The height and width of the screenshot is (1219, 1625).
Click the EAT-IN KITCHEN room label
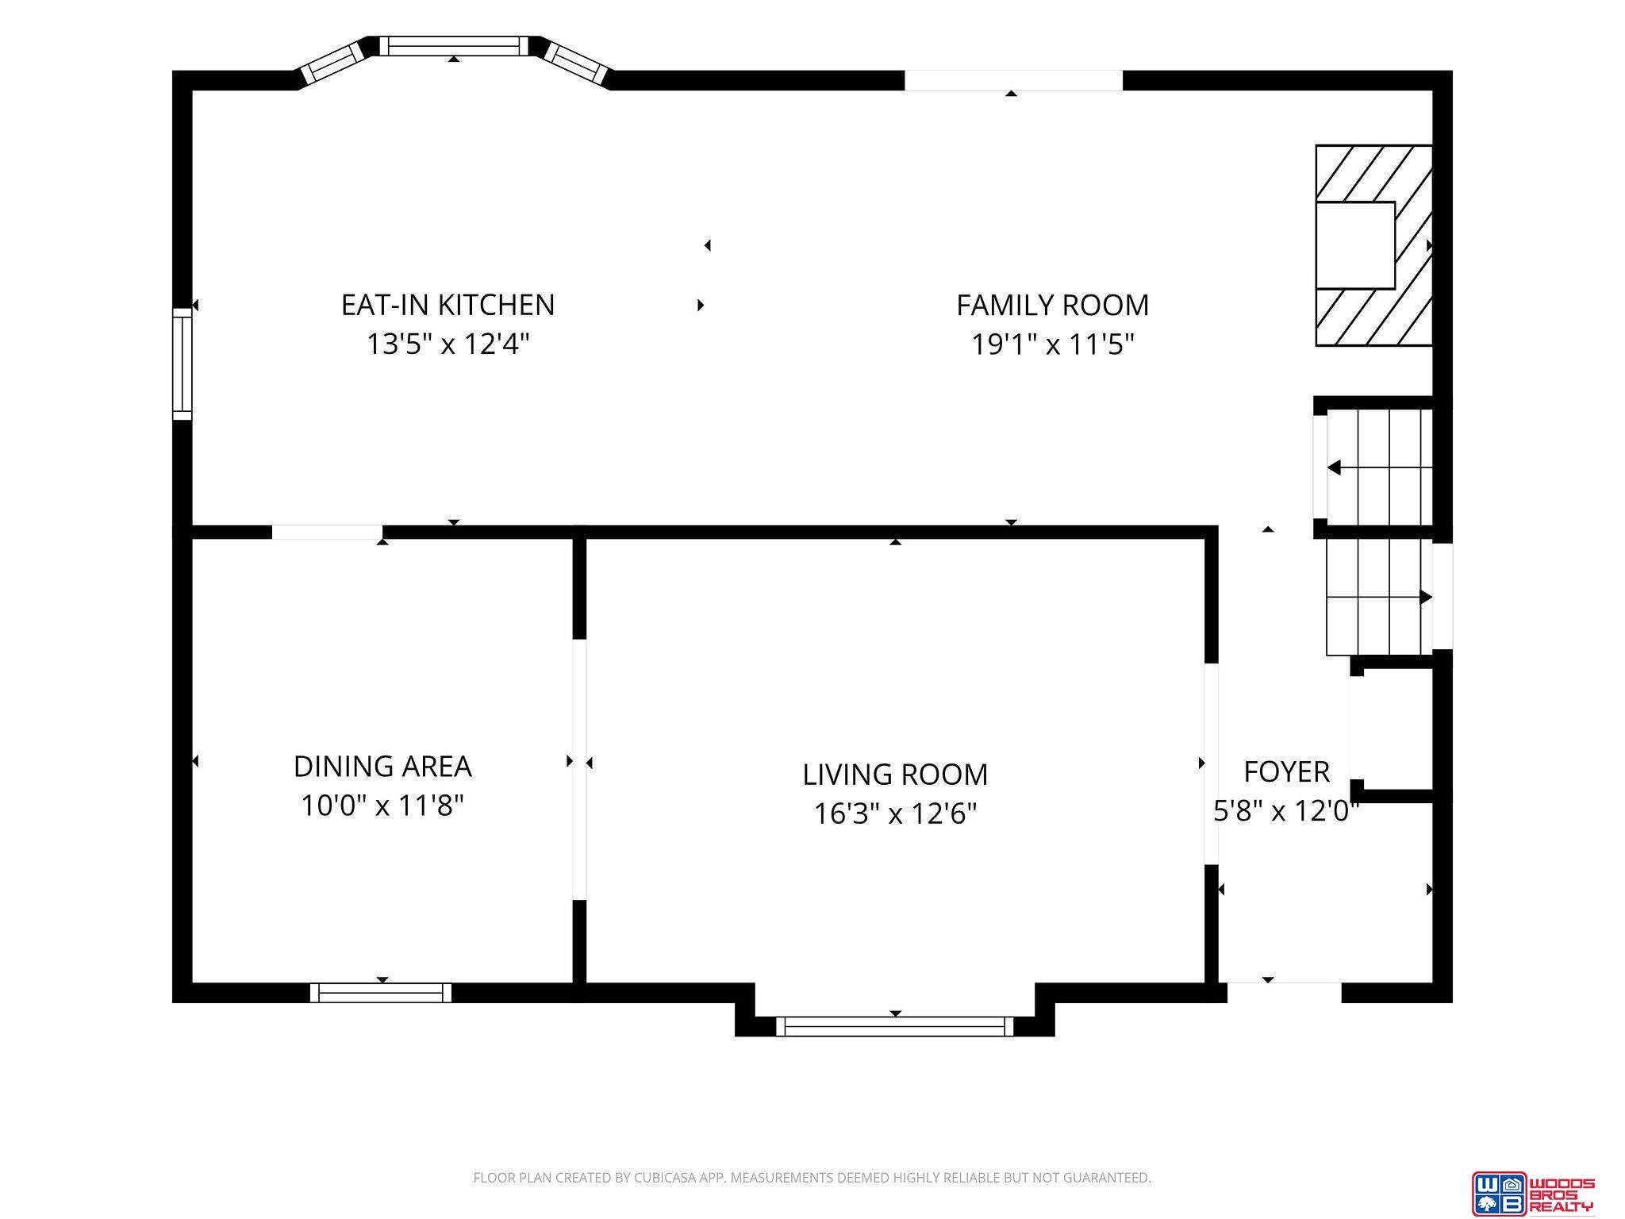pos(448,305)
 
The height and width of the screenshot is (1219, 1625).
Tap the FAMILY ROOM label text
pos(1052,305)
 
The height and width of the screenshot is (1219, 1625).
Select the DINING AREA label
pos(382,766)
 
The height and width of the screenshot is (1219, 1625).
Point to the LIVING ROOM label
pos(895,774)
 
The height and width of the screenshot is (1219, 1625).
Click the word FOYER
pos(1286,771)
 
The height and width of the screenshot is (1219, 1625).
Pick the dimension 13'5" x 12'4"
pos(448,344)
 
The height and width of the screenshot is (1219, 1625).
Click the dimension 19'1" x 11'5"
pos(1053,344)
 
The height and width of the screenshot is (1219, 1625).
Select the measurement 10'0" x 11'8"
pos(382,806)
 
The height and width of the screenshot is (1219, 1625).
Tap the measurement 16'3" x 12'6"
pos(895,813)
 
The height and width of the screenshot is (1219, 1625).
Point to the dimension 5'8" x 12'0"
pos(1286,811)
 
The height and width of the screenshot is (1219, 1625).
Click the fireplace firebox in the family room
pos(1355,245)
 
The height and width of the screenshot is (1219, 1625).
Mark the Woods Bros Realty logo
pos(1533,1194)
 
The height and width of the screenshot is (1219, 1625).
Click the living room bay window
pos(895,1026)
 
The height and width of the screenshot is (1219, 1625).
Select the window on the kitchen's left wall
pos(182,363)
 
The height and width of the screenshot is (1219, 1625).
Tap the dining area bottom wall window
pos(381,993)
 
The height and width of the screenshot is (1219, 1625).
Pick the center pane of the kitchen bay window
pos(454,46)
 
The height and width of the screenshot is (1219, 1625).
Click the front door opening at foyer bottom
pos(1284,993)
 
